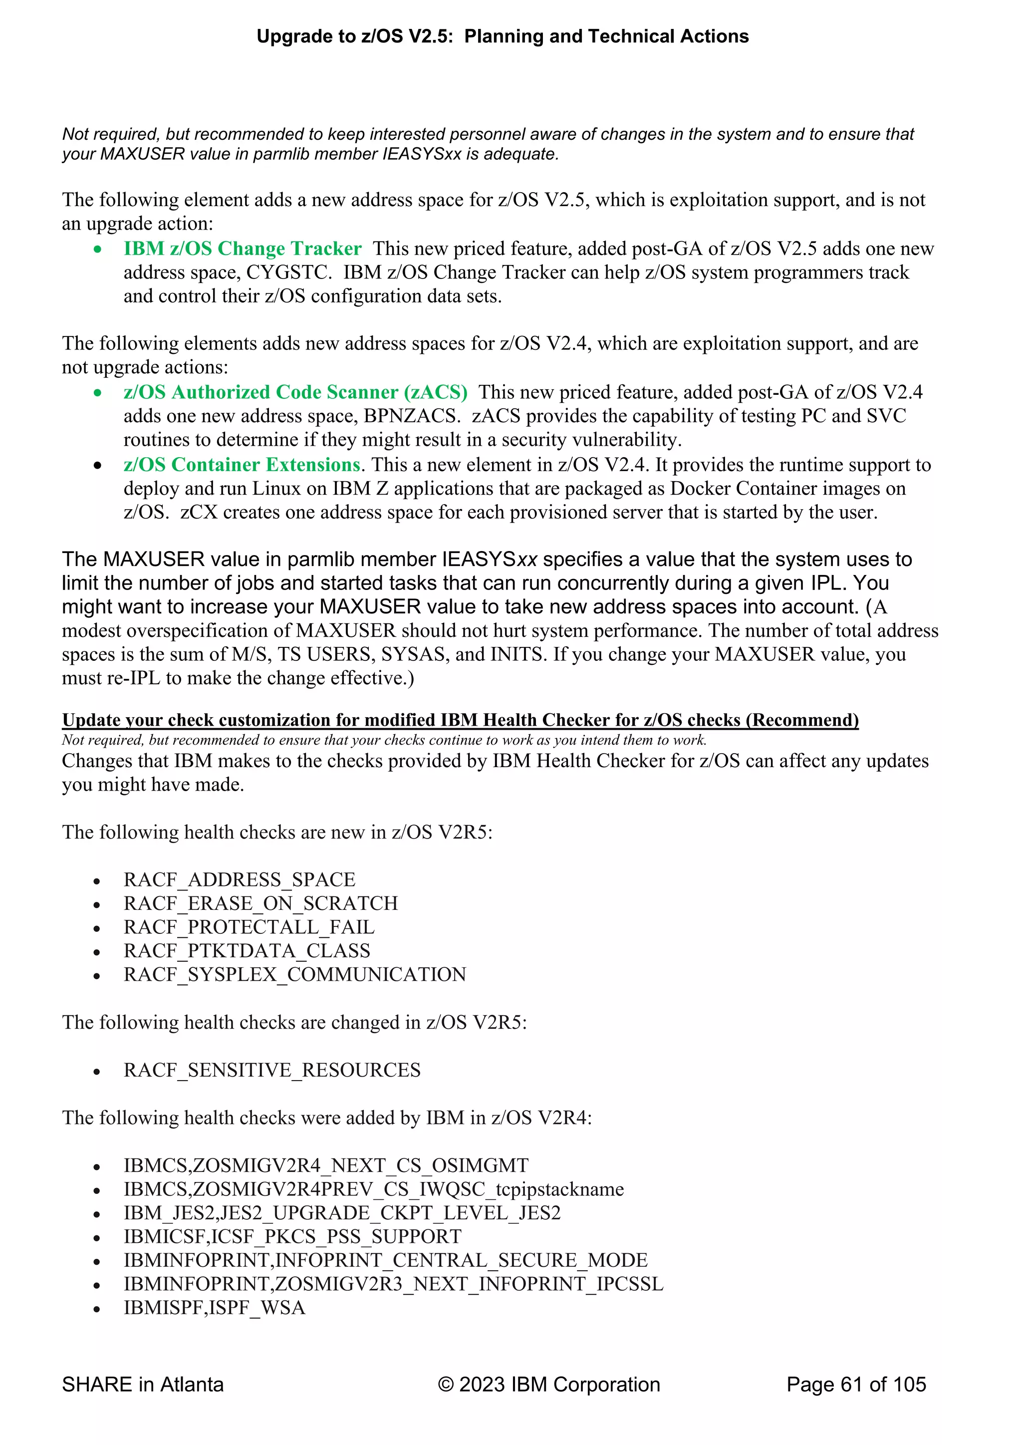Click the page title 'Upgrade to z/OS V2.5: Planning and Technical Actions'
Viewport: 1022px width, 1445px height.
pos(502,36)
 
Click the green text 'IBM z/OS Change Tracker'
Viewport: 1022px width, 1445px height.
pos(243,249)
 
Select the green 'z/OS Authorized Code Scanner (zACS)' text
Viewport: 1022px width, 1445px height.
pos(295,392)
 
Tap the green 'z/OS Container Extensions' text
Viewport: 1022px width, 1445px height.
pos(242,465)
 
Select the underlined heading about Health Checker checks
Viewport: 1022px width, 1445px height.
pos(460,719)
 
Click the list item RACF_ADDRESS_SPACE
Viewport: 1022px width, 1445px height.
pos(239,879)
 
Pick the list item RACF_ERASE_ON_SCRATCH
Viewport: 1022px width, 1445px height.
pos(260,903)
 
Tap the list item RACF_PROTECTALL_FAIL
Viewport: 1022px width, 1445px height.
pos(249,927)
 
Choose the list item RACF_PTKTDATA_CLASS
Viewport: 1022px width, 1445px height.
pos(247,950)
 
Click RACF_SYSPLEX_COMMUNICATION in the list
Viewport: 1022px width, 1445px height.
pos(294,974)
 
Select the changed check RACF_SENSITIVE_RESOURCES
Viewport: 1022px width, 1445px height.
pos(272,1070)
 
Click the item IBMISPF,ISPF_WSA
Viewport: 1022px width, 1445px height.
pos(214,1307)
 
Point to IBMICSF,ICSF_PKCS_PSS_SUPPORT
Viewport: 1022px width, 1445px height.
pos(292,1236)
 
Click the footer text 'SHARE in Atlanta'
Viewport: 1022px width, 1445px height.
pos(143,1385)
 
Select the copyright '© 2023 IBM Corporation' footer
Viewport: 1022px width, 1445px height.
pos(549,1385)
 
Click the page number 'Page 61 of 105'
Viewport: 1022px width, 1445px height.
pos(856,1385)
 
